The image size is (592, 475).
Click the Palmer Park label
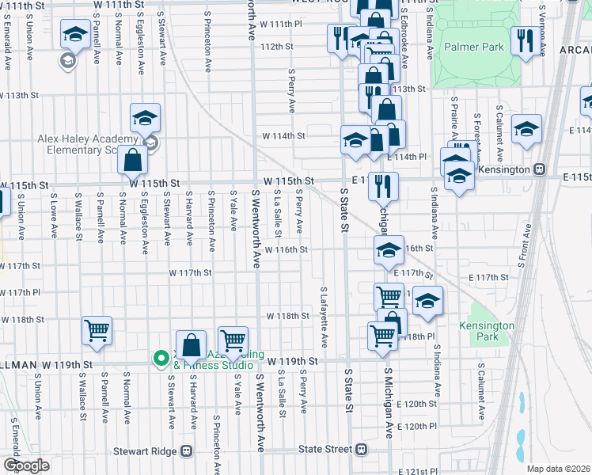pos(474,47)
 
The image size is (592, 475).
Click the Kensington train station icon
pos(540,169)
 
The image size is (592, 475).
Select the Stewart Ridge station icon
pos(186,450)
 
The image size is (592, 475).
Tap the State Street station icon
pos(361,450)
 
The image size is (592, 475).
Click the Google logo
pos(25,465)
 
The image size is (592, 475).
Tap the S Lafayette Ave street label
pos(324,317)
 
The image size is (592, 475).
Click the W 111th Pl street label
pos(283,25)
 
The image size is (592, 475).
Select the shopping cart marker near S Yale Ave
pos(233,340)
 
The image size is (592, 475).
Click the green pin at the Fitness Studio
pos(158,357)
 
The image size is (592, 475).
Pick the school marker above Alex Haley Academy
pos(146,119)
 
